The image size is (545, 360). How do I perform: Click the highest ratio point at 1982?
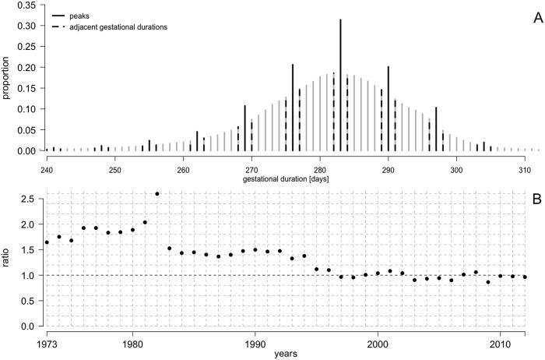point(157,194)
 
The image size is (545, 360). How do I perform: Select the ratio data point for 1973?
point(47,242)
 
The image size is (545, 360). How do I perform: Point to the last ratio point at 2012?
point(525,277)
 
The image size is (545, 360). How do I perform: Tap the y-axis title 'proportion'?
point(7,78)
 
